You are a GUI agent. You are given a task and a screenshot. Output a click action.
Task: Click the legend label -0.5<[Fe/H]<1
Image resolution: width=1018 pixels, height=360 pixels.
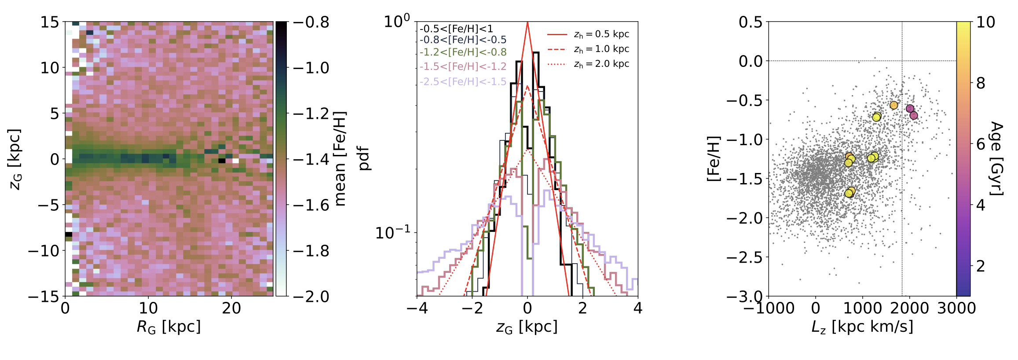click(456, 29)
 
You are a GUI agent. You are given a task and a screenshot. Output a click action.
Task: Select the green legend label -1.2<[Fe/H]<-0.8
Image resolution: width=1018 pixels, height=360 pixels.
click(463, 52)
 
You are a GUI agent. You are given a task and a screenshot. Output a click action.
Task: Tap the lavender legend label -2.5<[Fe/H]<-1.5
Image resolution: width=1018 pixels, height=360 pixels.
click(463, 81)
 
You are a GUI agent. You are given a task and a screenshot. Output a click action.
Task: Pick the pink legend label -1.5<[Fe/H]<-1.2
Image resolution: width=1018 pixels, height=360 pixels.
click(463, 66)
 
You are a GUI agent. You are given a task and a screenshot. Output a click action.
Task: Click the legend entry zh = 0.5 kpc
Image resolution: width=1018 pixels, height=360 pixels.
click(601, 34)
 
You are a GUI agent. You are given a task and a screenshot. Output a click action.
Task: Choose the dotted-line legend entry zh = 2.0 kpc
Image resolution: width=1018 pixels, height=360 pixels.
click(601, 64)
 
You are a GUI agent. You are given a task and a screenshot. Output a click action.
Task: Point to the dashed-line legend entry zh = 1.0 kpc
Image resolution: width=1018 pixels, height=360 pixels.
click(601, 49)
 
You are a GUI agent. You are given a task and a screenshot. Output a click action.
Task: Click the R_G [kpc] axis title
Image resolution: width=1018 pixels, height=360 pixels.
click(169, 327)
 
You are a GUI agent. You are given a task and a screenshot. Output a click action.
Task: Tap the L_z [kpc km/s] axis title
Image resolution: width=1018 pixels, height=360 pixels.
click(862, 327)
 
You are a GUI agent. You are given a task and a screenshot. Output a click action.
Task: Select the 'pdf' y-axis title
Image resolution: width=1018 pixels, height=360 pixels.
click(364, 158)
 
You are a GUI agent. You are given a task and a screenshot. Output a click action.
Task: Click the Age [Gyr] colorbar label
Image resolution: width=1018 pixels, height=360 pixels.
click(996, 158)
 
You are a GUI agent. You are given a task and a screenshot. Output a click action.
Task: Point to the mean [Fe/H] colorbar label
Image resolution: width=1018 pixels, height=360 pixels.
click(340, 158)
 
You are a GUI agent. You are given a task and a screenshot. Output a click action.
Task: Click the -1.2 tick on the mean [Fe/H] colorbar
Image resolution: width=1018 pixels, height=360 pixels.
click(311, 114)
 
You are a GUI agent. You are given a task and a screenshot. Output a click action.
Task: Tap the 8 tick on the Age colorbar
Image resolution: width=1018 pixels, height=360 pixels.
click(981, 83)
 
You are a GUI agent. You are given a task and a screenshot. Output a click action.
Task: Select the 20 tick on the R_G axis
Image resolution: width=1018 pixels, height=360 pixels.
click(231, 308)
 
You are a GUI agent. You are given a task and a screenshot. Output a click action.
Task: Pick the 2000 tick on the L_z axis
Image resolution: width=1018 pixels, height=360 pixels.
click(909, 308)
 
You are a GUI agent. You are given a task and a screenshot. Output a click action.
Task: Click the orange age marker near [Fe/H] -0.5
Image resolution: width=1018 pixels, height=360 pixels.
click(893, 105)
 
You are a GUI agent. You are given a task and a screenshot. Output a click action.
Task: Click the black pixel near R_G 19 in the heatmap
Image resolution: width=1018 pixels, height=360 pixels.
click(222, 161)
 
